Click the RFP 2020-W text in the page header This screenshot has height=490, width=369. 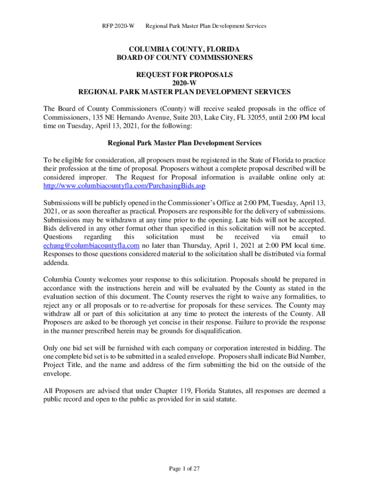click(118, 26)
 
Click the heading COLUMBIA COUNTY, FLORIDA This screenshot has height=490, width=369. click(184, 49)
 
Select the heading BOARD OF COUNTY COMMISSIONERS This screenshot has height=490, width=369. click(184, 58)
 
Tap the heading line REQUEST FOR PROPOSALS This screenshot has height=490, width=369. click(184, 75)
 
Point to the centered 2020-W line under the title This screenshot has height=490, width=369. click(184, 83)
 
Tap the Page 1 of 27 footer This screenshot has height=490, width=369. click(184, 468)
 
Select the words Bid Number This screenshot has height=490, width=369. click(307, 356)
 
